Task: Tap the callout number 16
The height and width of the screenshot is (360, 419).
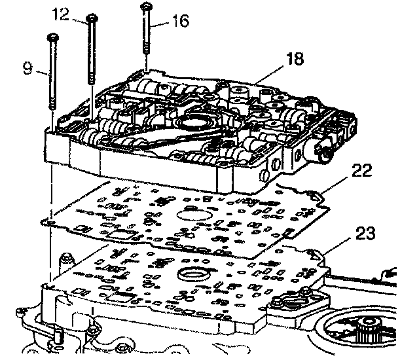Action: [x=181, y=22]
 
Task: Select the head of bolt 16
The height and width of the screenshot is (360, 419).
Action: [x=145, y=7]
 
